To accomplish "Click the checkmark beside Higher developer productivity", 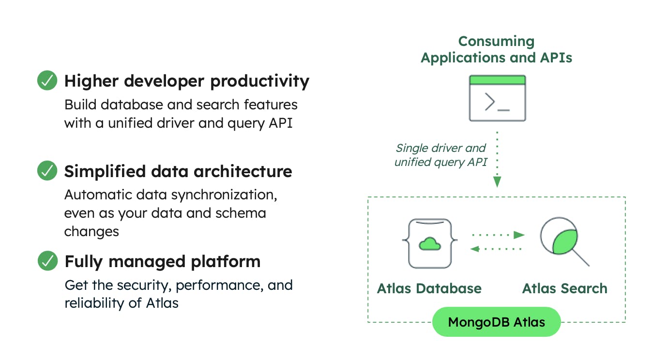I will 47,80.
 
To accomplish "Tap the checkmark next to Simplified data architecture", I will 47,171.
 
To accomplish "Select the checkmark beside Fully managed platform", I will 47,261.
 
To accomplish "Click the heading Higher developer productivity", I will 187,81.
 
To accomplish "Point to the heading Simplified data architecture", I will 178,171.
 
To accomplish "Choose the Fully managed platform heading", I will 163,262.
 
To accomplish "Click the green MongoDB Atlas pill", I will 496,322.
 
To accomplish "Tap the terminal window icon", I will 497,98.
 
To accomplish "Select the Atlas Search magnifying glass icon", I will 563,241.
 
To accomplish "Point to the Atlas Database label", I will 429,288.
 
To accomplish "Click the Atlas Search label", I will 564,288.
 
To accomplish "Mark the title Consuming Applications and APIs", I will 496,49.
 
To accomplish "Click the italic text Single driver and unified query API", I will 440,155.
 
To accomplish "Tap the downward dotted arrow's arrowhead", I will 497,182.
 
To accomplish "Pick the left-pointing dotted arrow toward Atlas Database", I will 497,249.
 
